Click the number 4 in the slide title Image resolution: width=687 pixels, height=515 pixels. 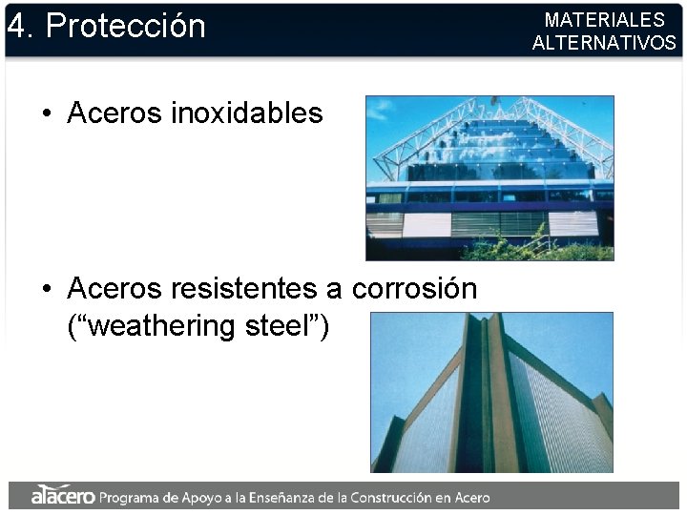click(x=15, y=26)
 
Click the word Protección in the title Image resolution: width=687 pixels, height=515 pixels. click(x=126, y=26)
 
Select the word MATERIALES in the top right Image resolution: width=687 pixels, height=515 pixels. click(x=604, y=20)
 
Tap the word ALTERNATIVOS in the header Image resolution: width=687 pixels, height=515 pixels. click(x=604, y=43)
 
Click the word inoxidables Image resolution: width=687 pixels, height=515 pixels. click(x=247, y=113)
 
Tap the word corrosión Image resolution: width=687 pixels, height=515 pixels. click(x=414, y=288)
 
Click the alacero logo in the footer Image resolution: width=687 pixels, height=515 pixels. click(x=63, y=496)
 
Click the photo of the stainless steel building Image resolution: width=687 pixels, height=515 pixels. click(x=489, y=177)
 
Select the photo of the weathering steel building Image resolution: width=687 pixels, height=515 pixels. click(x=491, y=392)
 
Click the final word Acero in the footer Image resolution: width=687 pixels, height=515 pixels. click(x=470, y=497)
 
